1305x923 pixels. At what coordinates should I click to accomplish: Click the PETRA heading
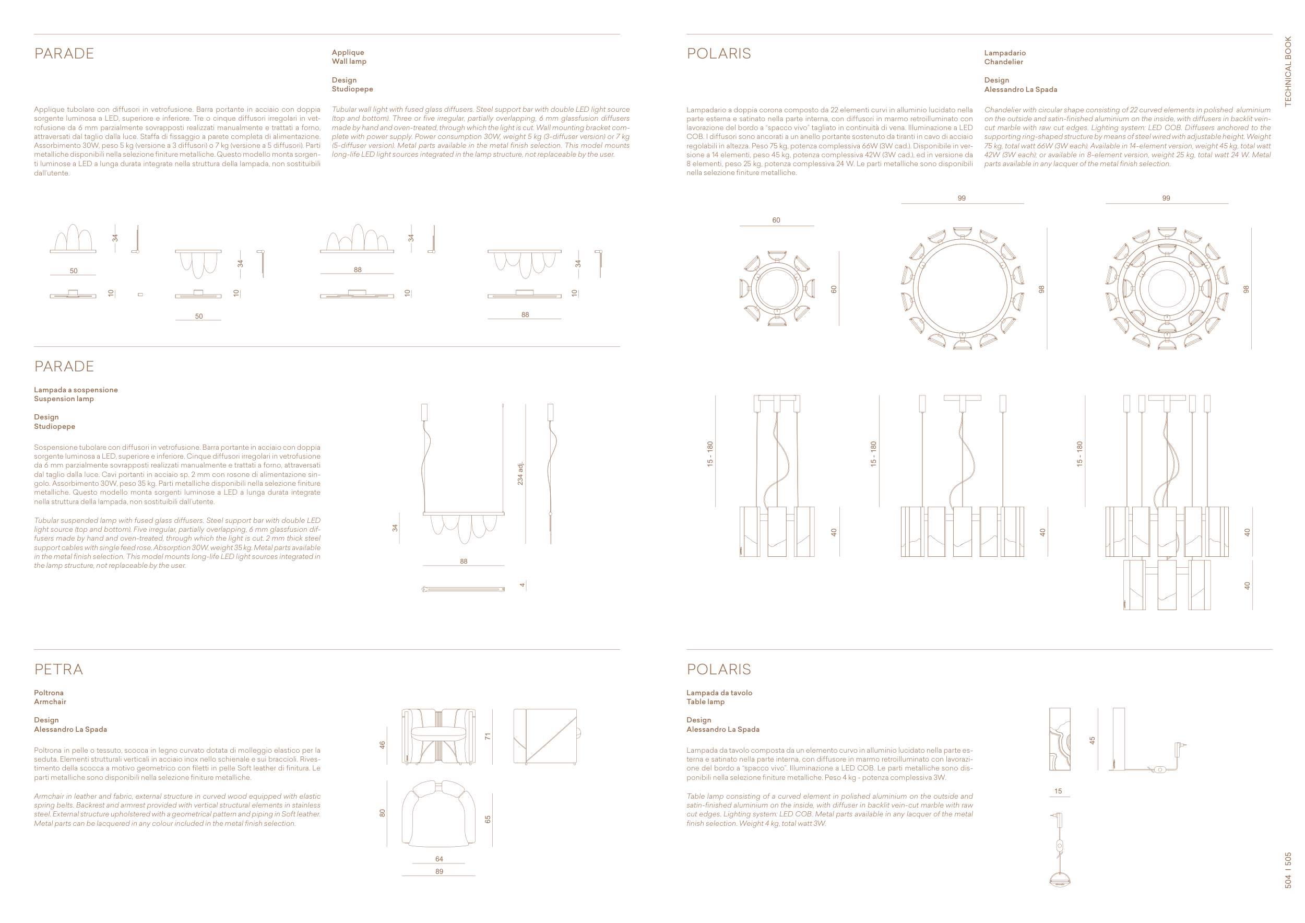pos(58,669)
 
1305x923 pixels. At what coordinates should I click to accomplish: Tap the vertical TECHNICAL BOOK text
pos(1288,72)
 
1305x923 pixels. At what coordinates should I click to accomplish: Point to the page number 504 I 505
pos(1288,870)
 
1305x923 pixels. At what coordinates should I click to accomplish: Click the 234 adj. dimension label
pos(520,474)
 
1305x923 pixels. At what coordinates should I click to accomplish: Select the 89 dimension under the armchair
pos(439,871)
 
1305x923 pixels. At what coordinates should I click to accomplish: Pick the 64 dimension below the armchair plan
pos(439,859)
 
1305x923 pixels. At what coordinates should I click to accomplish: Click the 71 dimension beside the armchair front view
pos(487,737)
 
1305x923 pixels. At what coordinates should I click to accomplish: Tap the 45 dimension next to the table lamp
pos(1092,741)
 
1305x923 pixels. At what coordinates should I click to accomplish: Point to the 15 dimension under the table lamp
pos(1058,791)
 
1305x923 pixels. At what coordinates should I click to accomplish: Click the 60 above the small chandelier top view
pos(776,220)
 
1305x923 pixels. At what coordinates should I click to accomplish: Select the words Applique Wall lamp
pos(349,57)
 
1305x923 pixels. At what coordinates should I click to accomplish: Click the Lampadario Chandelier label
pos(1004,57)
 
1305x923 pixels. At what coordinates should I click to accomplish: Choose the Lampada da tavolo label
pos(719,693)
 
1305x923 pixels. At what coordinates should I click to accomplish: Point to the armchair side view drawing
pos(545,737)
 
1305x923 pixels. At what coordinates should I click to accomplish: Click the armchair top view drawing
pos(438,813)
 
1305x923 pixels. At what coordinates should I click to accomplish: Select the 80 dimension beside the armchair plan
pos(383,813)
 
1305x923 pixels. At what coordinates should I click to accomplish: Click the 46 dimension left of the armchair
pos(383,744)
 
